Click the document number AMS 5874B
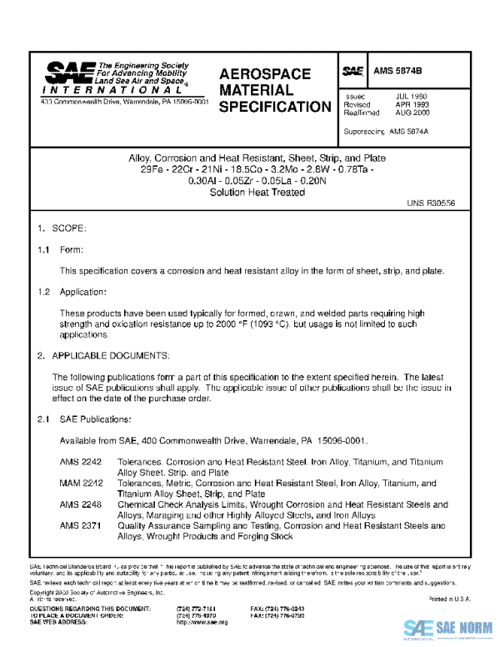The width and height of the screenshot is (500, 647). [x=397, y=72]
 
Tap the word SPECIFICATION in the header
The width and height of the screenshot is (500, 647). [x=274, y=107]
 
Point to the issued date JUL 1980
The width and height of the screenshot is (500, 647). [x=411, y=96]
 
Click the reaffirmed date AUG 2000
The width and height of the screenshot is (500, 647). [x=412, y=113]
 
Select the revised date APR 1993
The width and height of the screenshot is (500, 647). [x=412, y=104]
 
